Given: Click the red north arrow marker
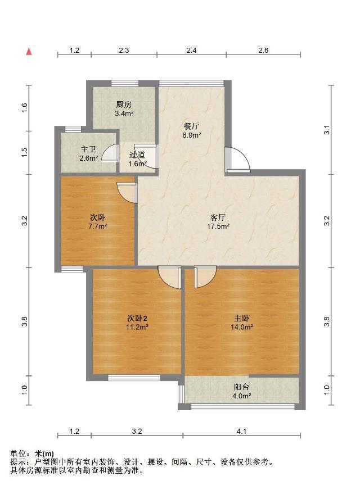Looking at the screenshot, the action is pyautogui.click(x=29, y=51).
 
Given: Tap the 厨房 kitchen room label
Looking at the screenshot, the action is pyautogui.click(x=124, y=105).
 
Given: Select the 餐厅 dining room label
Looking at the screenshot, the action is pyautogui.click(x=191, y=126).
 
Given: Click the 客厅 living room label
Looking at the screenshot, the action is pyautogui.click(x=218, y=217).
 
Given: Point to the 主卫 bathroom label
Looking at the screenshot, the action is pyautogui.click(x=88, y=149).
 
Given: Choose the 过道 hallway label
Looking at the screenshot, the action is pyautogui.click(x=137, y=155).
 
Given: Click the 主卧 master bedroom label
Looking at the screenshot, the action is pyautogui.click(x=241, y=319).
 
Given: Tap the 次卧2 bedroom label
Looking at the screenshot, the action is pyautogui.click(x=137, y=319).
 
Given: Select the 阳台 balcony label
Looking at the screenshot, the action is pyautogui.click(x=241, y=387).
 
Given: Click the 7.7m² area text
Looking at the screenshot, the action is pyautogui.click(x=97, y=226).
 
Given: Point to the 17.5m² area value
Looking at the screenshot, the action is pyautogui.click(x=218, y=226).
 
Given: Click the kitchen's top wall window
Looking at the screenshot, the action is pyautogui.click(x=125, y=83).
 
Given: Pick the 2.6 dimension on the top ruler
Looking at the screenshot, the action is pyautogui.click(x=263, y=51).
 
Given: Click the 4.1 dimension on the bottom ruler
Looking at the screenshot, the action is pyautogui.click(x=241, y=431).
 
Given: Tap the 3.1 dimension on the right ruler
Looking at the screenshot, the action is pyautogui.click(x=327, y=130).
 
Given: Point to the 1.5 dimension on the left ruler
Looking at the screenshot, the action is pyautogui.click(x=25, y=152).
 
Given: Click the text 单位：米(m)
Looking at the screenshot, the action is pyautogui.click(x=32, y=453).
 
